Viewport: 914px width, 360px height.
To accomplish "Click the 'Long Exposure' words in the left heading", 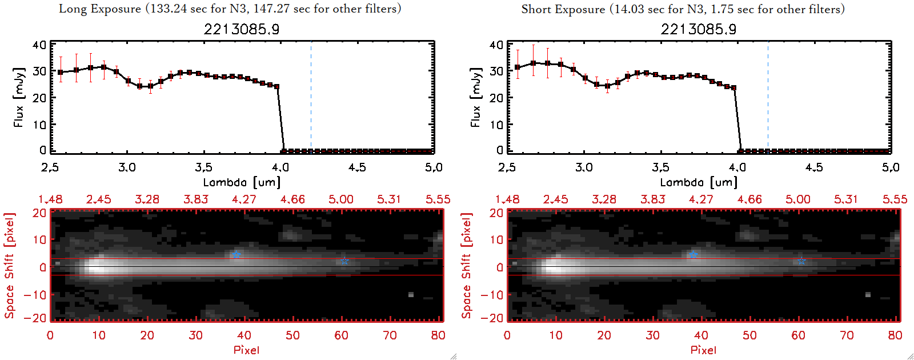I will [100, 9].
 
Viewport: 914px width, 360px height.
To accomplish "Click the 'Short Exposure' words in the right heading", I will [563, 9].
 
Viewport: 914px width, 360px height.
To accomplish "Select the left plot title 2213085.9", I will [242, 29].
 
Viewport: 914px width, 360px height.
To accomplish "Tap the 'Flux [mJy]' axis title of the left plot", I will [19, 98].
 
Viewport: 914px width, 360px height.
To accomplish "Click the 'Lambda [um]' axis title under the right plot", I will [699, 182].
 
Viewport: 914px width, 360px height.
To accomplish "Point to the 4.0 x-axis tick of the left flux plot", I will [280, 167].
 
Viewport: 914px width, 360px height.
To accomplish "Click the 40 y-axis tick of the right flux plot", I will [496, 45].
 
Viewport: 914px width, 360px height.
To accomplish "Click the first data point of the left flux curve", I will [61, 73].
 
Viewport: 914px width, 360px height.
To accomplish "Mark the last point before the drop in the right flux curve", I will [734, 88].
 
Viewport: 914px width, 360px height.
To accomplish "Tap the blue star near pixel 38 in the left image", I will [236, 254].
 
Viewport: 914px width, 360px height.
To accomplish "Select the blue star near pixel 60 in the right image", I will [801, 261].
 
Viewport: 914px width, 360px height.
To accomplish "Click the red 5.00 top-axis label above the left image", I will [340, 199].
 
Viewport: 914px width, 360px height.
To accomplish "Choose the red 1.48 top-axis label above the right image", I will [507, 199].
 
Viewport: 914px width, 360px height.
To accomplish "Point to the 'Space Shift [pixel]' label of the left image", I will [9, 266].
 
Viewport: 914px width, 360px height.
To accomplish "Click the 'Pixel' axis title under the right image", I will [703, 350].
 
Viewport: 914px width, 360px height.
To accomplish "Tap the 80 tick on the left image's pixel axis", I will [438, 335].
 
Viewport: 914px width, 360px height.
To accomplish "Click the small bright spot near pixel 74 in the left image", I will [411, 295].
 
